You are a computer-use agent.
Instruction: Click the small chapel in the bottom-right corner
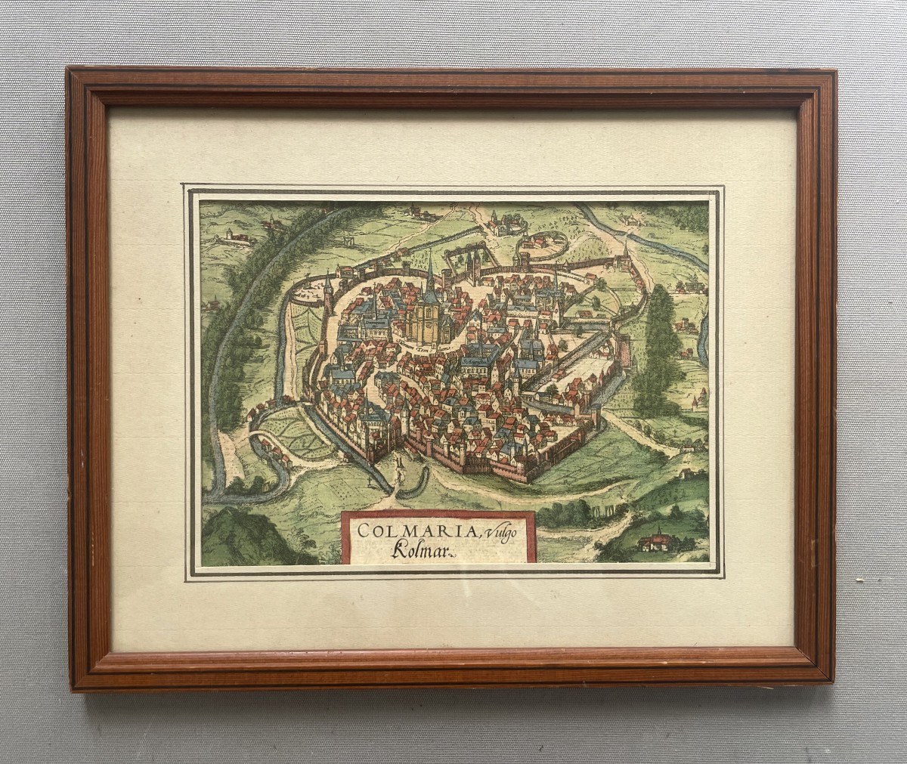pyautogui.click(x=655, y=541)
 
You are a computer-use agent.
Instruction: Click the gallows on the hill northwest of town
pyautogui.click(x=348, y=240)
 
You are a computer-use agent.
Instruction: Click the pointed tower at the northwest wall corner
pyautogui.click(x=328, y=287)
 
